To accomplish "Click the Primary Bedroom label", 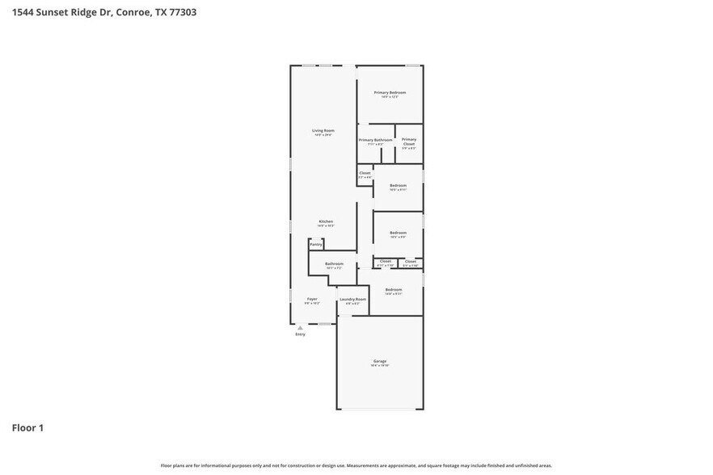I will (x=390, y=93).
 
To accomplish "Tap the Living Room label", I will (x=323, y=130).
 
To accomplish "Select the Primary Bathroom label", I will (x=376, y=140).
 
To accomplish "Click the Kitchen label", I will (x=326, y=221).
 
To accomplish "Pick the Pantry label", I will (x=316, y=244).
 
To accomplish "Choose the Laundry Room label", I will (x=352, y=299).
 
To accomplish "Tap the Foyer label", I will (x=312, y=299).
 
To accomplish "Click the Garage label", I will (x=380, y=361).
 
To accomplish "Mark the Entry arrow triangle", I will (x=301, y=327).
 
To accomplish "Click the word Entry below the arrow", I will (x=301, y=334).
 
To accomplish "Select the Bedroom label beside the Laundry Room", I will (x=394, y=289).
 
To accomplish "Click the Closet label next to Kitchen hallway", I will (x=365, y=173).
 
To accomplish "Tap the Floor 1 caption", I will (x=27, y=427).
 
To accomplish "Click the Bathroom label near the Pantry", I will (x=335, y=263).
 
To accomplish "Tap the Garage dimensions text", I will (x=380, y=366).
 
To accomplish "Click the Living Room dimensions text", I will (x=323, y=135).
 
